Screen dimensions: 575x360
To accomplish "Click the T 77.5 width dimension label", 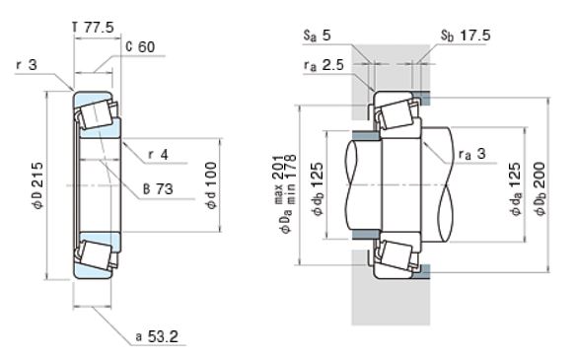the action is (x=93, y=28).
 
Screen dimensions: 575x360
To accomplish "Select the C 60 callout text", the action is (x=140, y=47).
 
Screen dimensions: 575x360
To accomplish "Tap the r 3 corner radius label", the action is (x=27, y=65).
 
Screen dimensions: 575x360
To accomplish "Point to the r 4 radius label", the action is (x=158, y=154).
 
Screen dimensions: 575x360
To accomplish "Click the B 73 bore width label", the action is (x=158, y=189).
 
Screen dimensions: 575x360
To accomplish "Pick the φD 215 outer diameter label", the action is (x=38, y=185).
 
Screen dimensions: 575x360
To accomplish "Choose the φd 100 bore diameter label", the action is (x=212, y=185).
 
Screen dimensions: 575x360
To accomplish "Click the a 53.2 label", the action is (x=157, y=336).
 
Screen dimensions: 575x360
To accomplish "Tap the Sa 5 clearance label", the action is (x=318, y=36).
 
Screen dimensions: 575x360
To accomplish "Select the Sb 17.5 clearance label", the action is (x=466, y=36).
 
